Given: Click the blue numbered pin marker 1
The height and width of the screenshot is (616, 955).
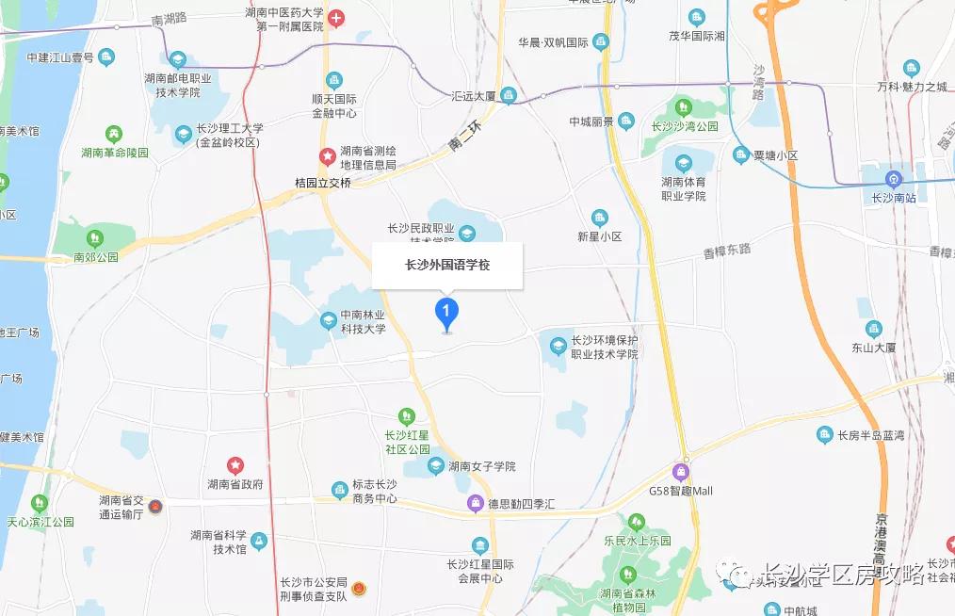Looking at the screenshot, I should [x=446, y=312].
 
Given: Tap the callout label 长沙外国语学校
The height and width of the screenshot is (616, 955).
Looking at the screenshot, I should [x=447, y=265].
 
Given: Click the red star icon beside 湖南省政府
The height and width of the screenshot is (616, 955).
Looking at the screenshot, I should [x=235, y=465].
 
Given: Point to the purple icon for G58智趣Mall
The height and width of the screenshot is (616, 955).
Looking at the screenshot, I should [x=681, y=471].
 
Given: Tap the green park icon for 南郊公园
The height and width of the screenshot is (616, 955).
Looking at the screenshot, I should [x=94, y=237].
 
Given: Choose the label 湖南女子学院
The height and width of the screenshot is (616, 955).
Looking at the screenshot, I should [x=481, y=466].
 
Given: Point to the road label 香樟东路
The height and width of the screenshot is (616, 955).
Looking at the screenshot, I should [x=727, y=251].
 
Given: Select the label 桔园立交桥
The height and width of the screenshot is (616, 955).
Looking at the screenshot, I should [x=323, y=183].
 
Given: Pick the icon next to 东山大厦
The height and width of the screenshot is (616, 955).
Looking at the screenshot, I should [x=875, y=330].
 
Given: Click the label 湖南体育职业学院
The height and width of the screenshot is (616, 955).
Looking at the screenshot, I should [x=683, y=188].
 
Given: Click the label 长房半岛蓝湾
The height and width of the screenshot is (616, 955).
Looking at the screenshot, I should [x=872, y=434].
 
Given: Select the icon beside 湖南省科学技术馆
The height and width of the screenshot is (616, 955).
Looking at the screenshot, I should [x=258, y=541].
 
